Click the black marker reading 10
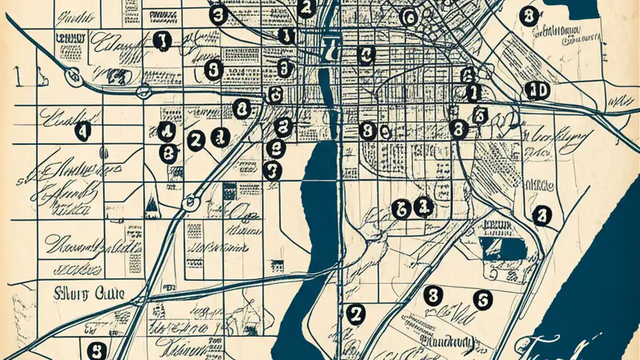(537, 91)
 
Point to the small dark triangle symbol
(151, 204)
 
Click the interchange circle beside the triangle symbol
(190, 202)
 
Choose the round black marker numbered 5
(482, 299)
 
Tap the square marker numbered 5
(479, 115)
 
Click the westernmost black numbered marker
(82, 131)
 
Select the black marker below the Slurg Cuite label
(96, 348)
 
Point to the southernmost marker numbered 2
(355, 314)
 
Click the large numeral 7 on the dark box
(329, 48)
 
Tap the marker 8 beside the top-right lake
(528, 16)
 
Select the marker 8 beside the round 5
(433, 296)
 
